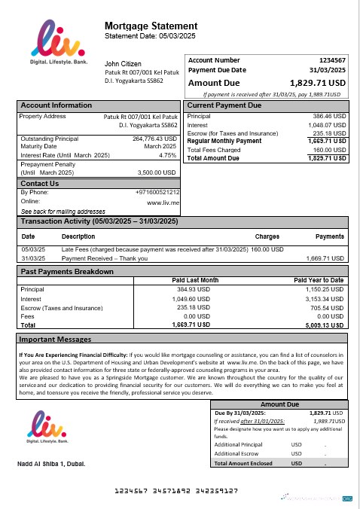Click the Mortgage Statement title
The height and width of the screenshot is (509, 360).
click(151, 26)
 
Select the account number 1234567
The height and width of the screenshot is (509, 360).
click(332, 59)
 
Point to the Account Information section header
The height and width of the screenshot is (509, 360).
click(56, 105)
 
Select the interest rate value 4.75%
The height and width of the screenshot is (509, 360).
click(167, 155)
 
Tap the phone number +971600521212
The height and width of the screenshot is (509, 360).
click(157, 193)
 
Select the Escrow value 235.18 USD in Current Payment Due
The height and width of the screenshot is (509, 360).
click(329, 133)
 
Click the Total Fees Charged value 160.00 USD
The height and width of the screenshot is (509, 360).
click(329, 150)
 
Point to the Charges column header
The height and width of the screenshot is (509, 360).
click(267, 236)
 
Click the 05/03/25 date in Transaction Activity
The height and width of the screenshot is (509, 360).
click(33, 249)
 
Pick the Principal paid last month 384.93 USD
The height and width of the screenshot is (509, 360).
click(192, 289)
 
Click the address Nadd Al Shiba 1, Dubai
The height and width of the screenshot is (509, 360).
click(51, 463)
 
